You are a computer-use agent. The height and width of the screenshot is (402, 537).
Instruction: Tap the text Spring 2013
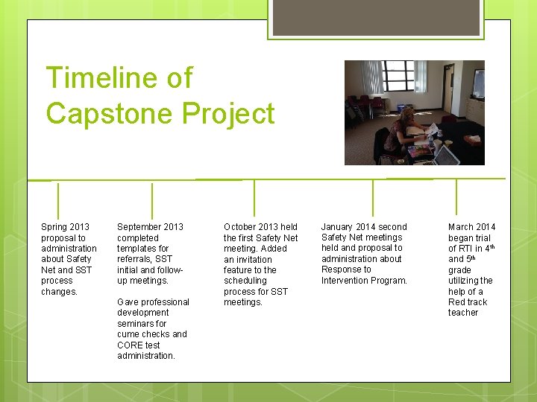click(x=65, y=227)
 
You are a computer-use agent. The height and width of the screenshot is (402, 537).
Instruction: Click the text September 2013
click(x=150, y=227)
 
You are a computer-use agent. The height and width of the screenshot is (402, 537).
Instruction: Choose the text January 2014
click(x=364, y=227)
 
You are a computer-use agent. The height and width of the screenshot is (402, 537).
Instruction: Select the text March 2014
click(x=471, y=227)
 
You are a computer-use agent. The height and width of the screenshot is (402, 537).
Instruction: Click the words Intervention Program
click(x=364, y=281)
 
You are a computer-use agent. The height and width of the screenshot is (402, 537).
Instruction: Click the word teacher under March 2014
click(x=463, y=313)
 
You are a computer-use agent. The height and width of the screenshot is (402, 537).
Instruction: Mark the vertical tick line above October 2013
click(x=254, y=198)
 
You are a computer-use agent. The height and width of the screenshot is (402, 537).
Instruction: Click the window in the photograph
click(x=399, y=77)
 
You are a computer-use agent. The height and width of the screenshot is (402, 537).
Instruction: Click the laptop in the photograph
click(x=445, y=156)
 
